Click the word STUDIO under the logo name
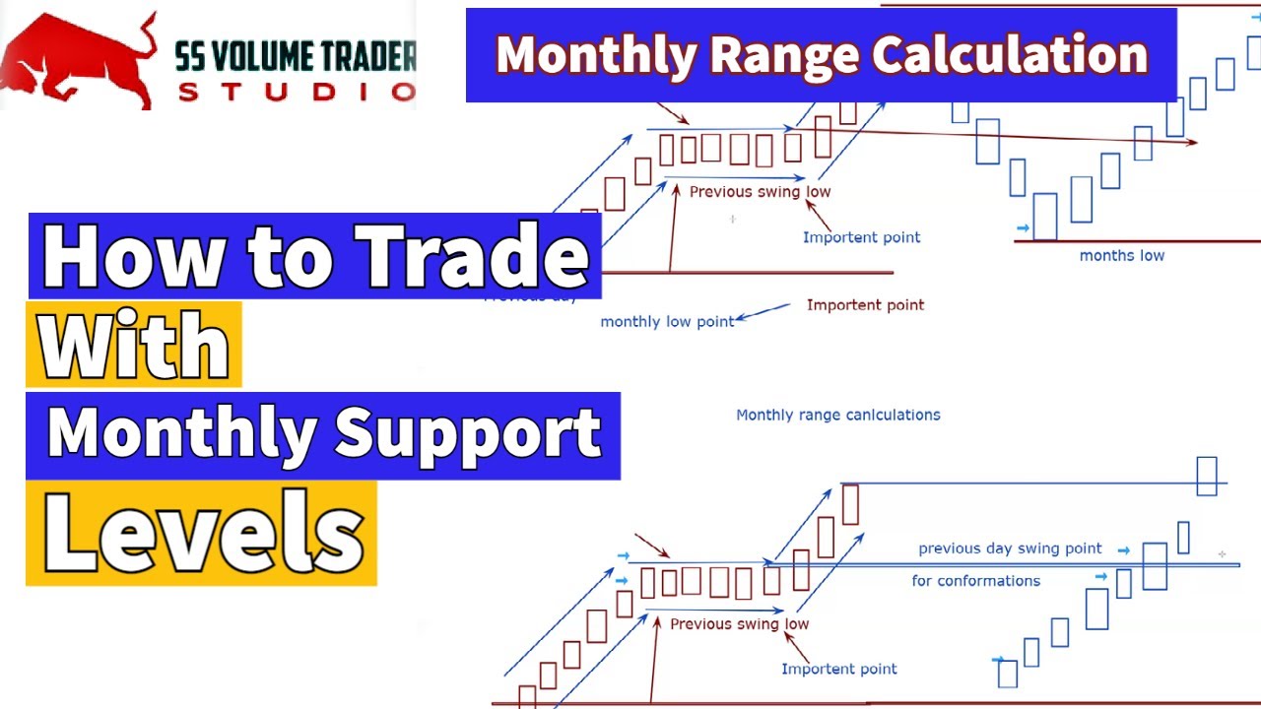tap(297, 92)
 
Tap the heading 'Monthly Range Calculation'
tap(822, 55)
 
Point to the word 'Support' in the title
tap(467, 433)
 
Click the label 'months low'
tap(1121, 256)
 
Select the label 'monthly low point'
tap(667, 322)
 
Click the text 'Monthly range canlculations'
tap(838, 415)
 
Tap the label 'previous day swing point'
tap(1010, 548)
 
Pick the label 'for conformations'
tap(975, 581)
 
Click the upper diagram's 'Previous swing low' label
tap(760, 192)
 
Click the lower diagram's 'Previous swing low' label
tap(739, 624)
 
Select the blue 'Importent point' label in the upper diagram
tap(861, 237)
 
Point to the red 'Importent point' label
tap(865, 305)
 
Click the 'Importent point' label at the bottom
tap(838, 670)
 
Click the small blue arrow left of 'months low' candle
tap(1023, 228)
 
